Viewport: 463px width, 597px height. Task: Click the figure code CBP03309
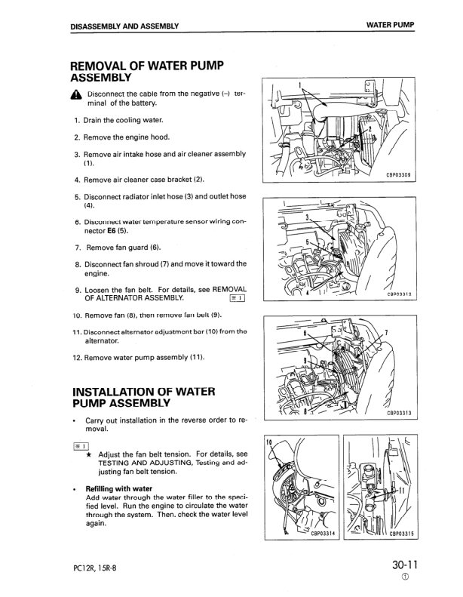pos(398,175)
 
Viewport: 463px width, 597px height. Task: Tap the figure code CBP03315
pos(402,533)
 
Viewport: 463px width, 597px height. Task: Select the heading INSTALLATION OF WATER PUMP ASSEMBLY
pos(143,397)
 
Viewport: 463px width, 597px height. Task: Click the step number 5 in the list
pos(78,196)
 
